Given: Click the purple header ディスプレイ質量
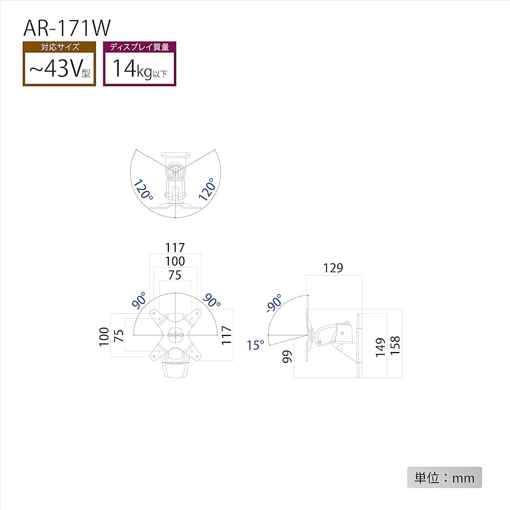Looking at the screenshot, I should [x=140, y=47].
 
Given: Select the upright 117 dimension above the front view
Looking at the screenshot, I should [x=175, y=248].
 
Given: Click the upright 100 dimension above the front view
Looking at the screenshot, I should [x=175, y=261].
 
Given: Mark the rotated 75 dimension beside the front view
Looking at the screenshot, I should [x=119, y=336].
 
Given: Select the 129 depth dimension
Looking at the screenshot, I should [x=333, y=268].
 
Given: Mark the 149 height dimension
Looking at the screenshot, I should [x=379, y=346].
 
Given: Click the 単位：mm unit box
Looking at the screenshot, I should [x=444, y=477].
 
